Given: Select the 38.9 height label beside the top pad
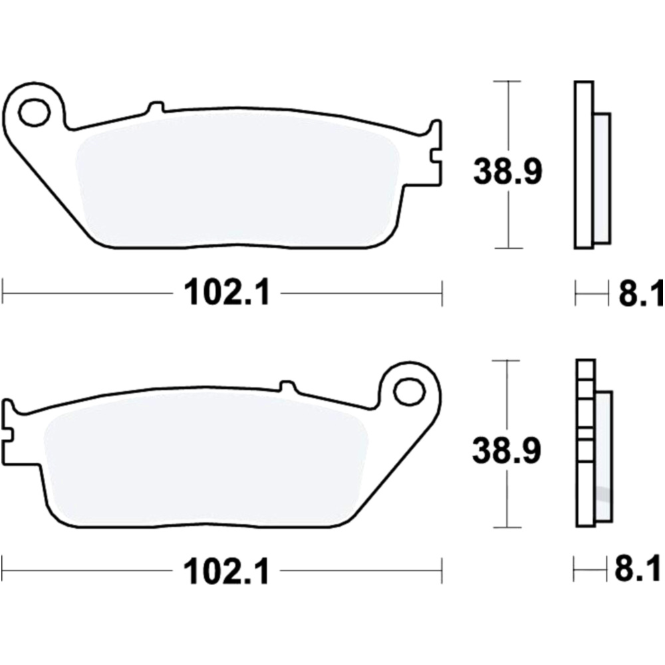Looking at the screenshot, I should (508, 172).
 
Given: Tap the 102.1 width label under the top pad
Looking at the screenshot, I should (228, 293).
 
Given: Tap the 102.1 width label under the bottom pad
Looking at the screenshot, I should (228, 571).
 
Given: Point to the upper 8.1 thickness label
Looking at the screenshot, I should (640, 293).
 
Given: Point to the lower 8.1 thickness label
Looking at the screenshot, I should (640, 571).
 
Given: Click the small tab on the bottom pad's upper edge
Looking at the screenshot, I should (287, 386).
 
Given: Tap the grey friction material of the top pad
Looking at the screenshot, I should (239, 180).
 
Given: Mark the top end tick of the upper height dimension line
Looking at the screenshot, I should (509, 82).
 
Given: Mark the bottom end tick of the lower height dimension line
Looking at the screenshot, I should (509, 527).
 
